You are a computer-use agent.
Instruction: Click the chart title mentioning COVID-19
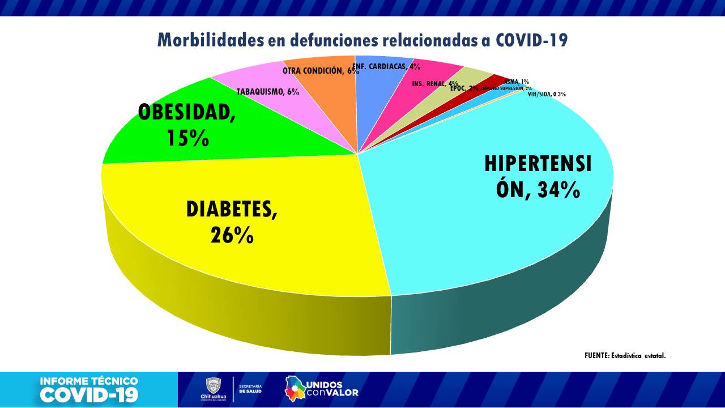(x=362, y=40)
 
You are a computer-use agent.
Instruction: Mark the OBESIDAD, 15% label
(x=187, y=125)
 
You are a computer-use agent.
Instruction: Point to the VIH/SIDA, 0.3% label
(x=547, y=95)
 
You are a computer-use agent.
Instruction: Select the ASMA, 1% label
(x=517, y=82)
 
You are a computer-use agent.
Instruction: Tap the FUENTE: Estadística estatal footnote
(x=625, y=356)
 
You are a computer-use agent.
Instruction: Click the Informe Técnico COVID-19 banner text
(x=89, y=389)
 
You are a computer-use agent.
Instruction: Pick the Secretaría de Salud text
(x=250, y=388)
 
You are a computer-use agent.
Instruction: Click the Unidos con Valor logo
(x=322, y=388)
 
